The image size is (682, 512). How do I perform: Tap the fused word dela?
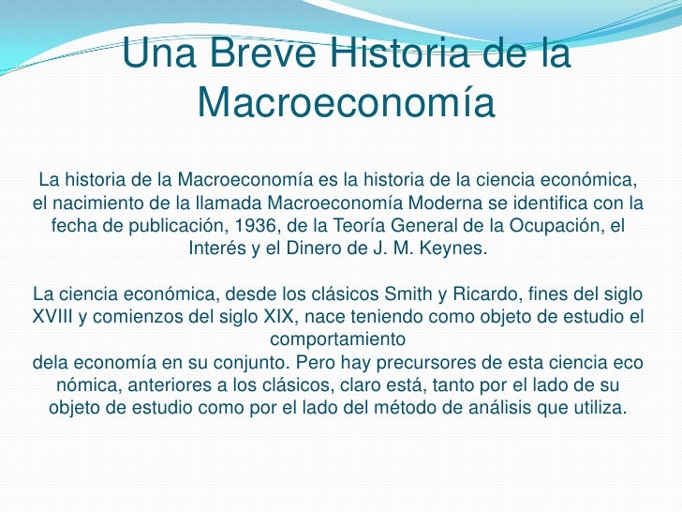pyautogui.click(x=49, y=362)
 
